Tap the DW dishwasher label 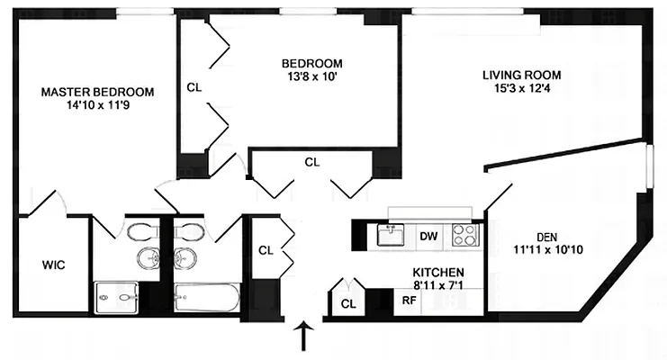tap(428, 237)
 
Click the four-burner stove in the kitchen tap(464, 236)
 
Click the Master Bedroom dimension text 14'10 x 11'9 tap(97, 105)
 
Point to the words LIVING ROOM tap(522, 75)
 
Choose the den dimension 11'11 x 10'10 tap(548, 249)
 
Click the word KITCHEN tap(438, 273)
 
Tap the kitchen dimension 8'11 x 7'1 tap(438, 286)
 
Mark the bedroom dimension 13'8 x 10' tap(311, 76)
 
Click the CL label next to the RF tap(348, 304)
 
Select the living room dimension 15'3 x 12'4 tap(522, 88)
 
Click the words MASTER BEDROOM tap(97, 92)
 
